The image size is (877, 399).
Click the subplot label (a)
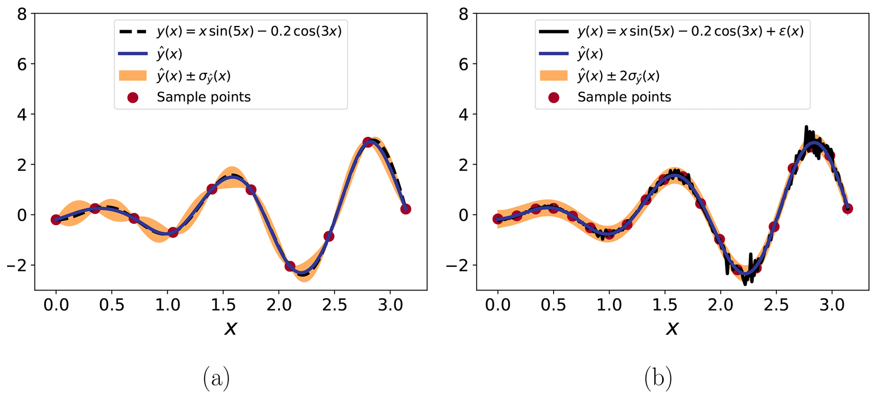[216, 379]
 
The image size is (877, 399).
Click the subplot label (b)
[658, 379]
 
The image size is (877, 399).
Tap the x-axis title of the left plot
[230, 328]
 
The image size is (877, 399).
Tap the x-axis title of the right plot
[672, 328]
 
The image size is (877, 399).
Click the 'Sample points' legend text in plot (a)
[204, 97]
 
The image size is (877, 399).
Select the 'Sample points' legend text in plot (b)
[624, 97]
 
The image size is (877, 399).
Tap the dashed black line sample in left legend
[133, 31]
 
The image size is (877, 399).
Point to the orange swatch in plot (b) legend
[553, 76]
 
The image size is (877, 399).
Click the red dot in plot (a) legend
[133, 98]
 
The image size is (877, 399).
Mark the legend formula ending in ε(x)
[690, 31]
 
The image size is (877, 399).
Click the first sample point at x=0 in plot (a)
[56, 220]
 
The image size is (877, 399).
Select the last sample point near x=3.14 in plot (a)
[406, 209]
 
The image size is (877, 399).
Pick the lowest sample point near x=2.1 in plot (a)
[290, 266]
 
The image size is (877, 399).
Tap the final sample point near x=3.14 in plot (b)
[848, 209]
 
